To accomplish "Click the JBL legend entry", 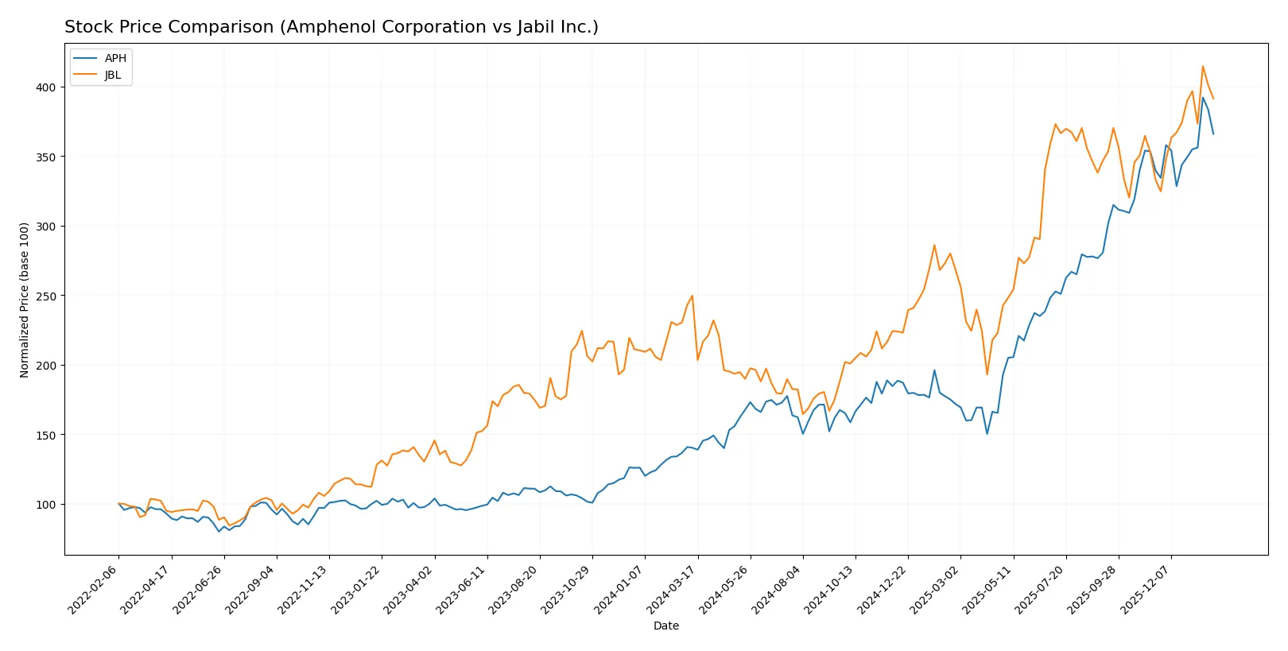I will (112, 75).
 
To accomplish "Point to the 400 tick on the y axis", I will (46, 87).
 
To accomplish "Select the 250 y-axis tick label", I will (46, 296).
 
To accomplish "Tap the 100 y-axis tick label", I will (46, 505).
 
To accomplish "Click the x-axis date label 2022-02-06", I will (94, 590).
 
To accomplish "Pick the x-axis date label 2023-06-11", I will (462, 590).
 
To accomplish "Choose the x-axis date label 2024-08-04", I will (778, 590).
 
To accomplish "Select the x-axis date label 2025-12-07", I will (1146, 590).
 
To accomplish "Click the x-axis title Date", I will (665, 626).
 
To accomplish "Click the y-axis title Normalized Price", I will (24, 300).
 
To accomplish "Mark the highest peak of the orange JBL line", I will (1202, 66).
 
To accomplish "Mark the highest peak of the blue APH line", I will (1202, 98).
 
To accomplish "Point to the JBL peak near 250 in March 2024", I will (692, 296).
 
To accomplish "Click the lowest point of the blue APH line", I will (219, 531).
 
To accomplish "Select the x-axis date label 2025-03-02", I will (935, 590).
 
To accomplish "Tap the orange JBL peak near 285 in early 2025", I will (934, 245).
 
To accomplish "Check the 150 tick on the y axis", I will (46, 435).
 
